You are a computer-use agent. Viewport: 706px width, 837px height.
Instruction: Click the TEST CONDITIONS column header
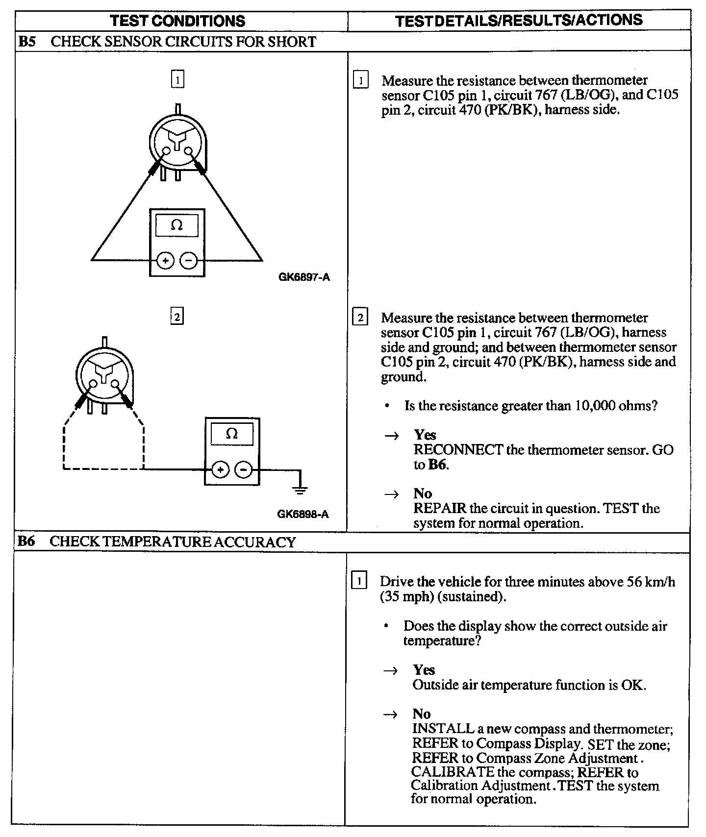177,21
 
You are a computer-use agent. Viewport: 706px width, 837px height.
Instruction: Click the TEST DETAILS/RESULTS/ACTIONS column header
519,20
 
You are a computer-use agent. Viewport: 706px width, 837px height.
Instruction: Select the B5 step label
26,42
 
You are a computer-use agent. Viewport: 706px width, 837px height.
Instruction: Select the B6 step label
26,542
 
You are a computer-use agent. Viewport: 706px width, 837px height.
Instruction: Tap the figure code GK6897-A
304,277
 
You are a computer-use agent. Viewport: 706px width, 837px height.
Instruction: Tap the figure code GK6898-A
303,514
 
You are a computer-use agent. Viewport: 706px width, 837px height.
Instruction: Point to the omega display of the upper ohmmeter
177,225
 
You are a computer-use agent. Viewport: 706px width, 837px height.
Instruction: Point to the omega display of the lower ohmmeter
232,434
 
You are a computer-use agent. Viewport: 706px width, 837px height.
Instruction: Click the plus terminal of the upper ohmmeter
165,261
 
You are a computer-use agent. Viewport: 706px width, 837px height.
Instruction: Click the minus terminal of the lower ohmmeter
244,470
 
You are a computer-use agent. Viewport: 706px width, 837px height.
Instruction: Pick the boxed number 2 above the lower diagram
177,317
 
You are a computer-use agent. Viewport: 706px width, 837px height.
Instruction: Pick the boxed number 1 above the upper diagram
177,79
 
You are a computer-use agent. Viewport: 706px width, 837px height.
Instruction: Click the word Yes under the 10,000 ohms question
425,435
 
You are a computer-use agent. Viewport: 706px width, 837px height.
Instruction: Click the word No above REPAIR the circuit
422,493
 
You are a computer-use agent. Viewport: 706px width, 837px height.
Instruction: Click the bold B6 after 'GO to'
437,465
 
